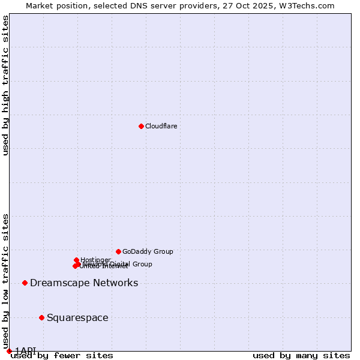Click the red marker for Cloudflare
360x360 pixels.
tap(141, 126)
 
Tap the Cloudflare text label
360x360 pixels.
tap(161, 126)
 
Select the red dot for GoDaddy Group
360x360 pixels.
tap(118, 251)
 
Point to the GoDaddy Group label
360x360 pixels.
tap(148, 251)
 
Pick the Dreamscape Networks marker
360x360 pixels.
tap(25, 283)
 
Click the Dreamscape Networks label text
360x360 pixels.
tap(84, 283)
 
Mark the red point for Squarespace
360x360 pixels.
tap(41, 317)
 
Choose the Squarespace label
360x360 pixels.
tap(77, 318)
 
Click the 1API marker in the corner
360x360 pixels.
tap(9, 351)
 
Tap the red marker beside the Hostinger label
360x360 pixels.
tap(76, 260)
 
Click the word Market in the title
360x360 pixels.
tap(40, 5)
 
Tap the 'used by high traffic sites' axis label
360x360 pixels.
tap(6, 85)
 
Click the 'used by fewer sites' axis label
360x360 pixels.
tap(62, 355)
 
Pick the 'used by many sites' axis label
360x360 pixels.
tap(301, 355)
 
